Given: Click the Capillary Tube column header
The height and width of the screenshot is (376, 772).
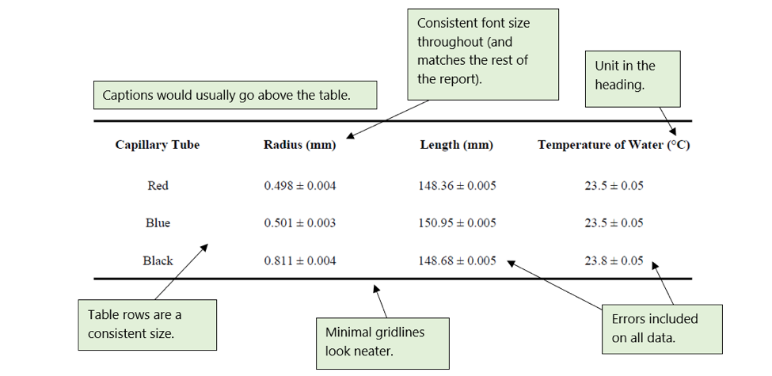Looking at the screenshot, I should tap(158, 145).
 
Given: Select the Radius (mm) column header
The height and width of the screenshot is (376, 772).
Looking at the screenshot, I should tap(299, 145).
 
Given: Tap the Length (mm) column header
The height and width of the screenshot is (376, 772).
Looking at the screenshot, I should tap(456, 145).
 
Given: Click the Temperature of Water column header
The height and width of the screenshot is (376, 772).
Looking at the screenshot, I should tap(614, 145).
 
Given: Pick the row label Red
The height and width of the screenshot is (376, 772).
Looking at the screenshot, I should tap(158, 186).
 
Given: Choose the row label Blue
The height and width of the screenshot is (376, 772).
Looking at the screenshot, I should tap(158, 223).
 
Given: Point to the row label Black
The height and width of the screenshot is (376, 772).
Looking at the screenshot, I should tap(158, 260).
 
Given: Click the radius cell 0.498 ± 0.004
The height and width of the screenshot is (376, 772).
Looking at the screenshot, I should tap(299, 186).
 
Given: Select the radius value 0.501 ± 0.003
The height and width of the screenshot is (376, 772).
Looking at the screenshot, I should tap(299, 223).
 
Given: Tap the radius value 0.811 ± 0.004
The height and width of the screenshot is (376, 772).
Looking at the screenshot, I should tap(299, 260).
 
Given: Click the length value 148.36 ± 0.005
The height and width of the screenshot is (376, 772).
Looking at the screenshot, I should tap(457, 186).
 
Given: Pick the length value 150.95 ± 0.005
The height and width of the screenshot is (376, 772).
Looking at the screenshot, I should tap(457, 223).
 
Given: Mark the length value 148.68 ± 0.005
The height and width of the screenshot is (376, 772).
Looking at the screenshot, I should tap(457, 260).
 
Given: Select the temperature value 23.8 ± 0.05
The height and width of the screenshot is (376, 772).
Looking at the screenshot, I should tap(614, 260).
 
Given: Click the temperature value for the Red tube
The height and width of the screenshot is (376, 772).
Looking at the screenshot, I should tap(614, 186).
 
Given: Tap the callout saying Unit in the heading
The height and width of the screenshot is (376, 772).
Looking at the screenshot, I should tap(632, 75).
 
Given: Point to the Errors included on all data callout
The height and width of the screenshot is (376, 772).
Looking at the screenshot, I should tap(661, 329).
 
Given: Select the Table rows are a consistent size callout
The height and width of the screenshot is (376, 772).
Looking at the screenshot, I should tap(146, 324).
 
